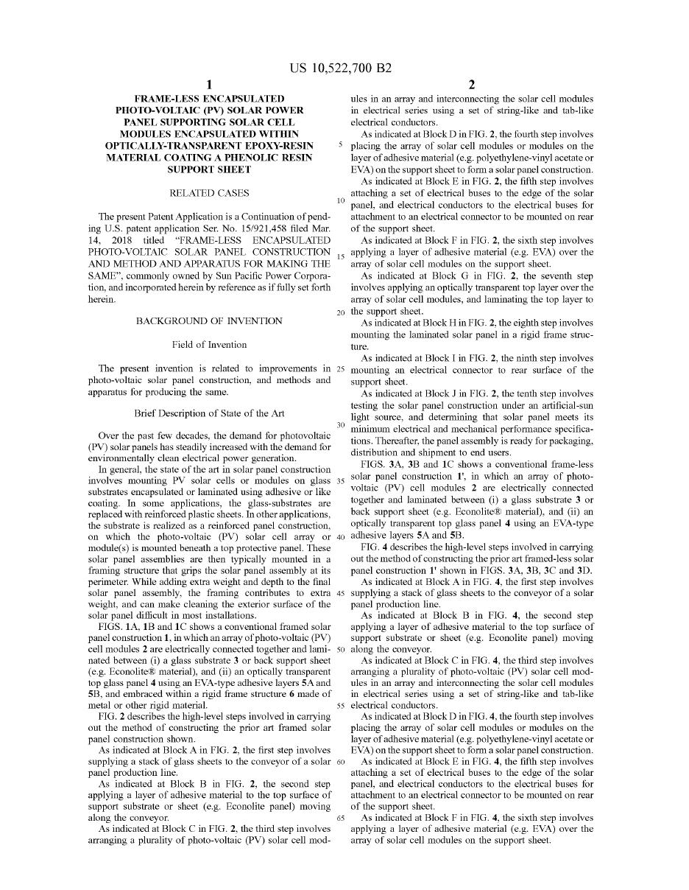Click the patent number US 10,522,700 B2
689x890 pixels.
pos(341,69)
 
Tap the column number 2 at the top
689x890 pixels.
pos(472,85)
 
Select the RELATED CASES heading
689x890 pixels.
pos(209,193)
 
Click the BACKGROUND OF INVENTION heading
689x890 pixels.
pos(209,321)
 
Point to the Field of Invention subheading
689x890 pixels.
pos(209,345)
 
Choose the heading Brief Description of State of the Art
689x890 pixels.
pos(209,413)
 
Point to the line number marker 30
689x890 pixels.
pos(341,425)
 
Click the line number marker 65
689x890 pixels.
pos(341,818)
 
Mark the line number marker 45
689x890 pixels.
pos(341,593)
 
